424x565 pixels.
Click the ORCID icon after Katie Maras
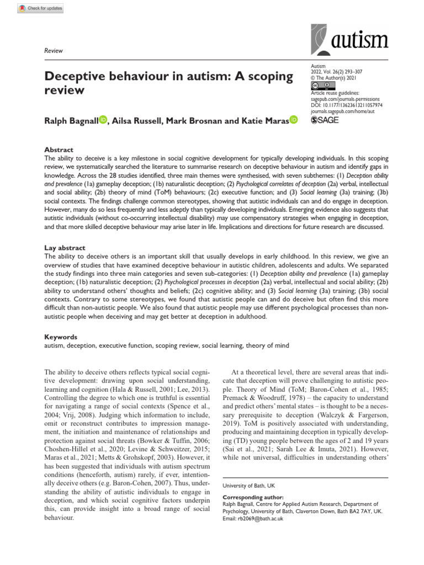tap(293, 120)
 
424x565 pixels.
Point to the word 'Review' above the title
tap(53, 51)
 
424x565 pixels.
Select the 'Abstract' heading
tap(58, 150)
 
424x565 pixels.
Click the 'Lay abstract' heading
tap(64, 248)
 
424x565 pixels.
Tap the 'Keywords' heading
tap(61, 337)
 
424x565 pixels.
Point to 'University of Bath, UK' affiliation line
tap(248, 486)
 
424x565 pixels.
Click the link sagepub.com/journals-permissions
tap(347, 99)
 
